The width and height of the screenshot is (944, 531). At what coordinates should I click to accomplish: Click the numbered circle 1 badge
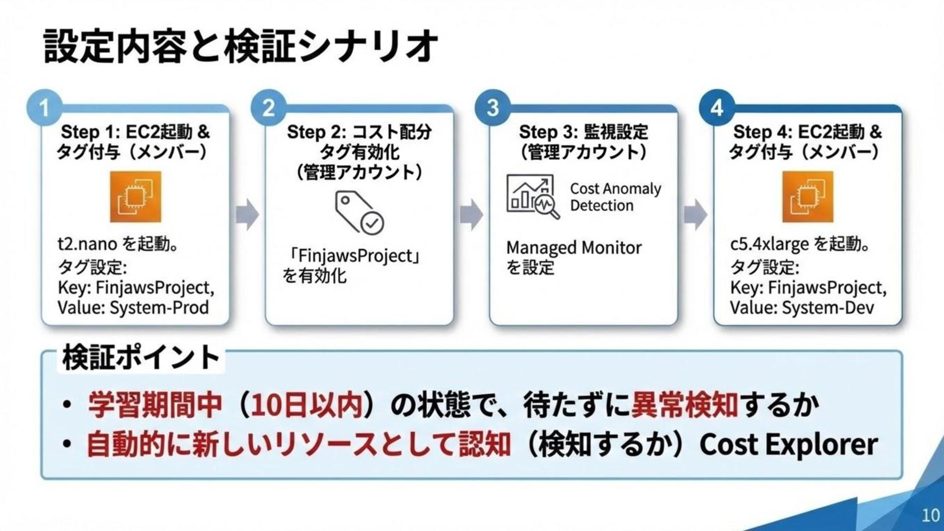(x=44, y=108)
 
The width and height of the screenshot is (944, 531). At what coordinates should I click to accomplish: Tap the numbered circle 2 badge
(x=268, y=108)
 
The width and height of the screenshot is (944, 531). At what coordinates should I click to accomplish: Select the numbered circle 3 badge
(x=493, y=108)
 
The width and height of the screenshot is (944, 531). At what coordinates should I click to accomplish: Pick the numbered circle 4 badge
(x=717, y=108)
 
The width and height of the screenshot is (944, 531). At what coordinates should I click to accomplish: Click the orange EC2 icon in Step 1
(x=135, y=197)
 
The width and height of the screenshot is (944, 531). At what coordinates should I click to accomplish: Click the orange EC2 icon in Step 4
(x=807, y=197)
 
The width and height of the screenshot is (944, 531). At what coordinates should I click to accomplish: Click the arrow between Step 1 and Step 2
(x=247, y=214)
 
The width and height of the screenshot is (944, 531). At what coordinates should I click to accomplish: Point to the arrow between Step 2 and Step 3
(x=471, y=214)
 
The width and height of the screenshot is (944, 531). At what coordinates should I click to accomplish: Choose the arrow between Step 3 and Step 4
(x=695, y=214)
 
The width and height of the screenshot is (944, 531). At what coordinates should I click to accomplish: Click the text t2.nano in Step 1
(x=87, y=244)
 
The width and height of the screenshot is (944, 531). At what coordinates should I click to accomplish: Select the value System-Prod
(x=159, y=308)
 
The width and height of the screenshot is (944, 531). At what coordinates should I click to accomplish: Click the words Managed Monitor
(x=574, y=248)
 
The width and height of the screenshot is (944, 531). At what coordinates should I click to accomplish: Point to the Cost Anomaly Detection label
(x=615, y=197)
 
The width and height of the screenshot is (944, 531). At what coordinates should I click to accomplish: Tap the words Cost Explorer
(x=788, y=444)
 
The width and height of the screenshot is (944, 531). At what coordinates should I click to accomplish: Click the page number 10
(x=930, y=515)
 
